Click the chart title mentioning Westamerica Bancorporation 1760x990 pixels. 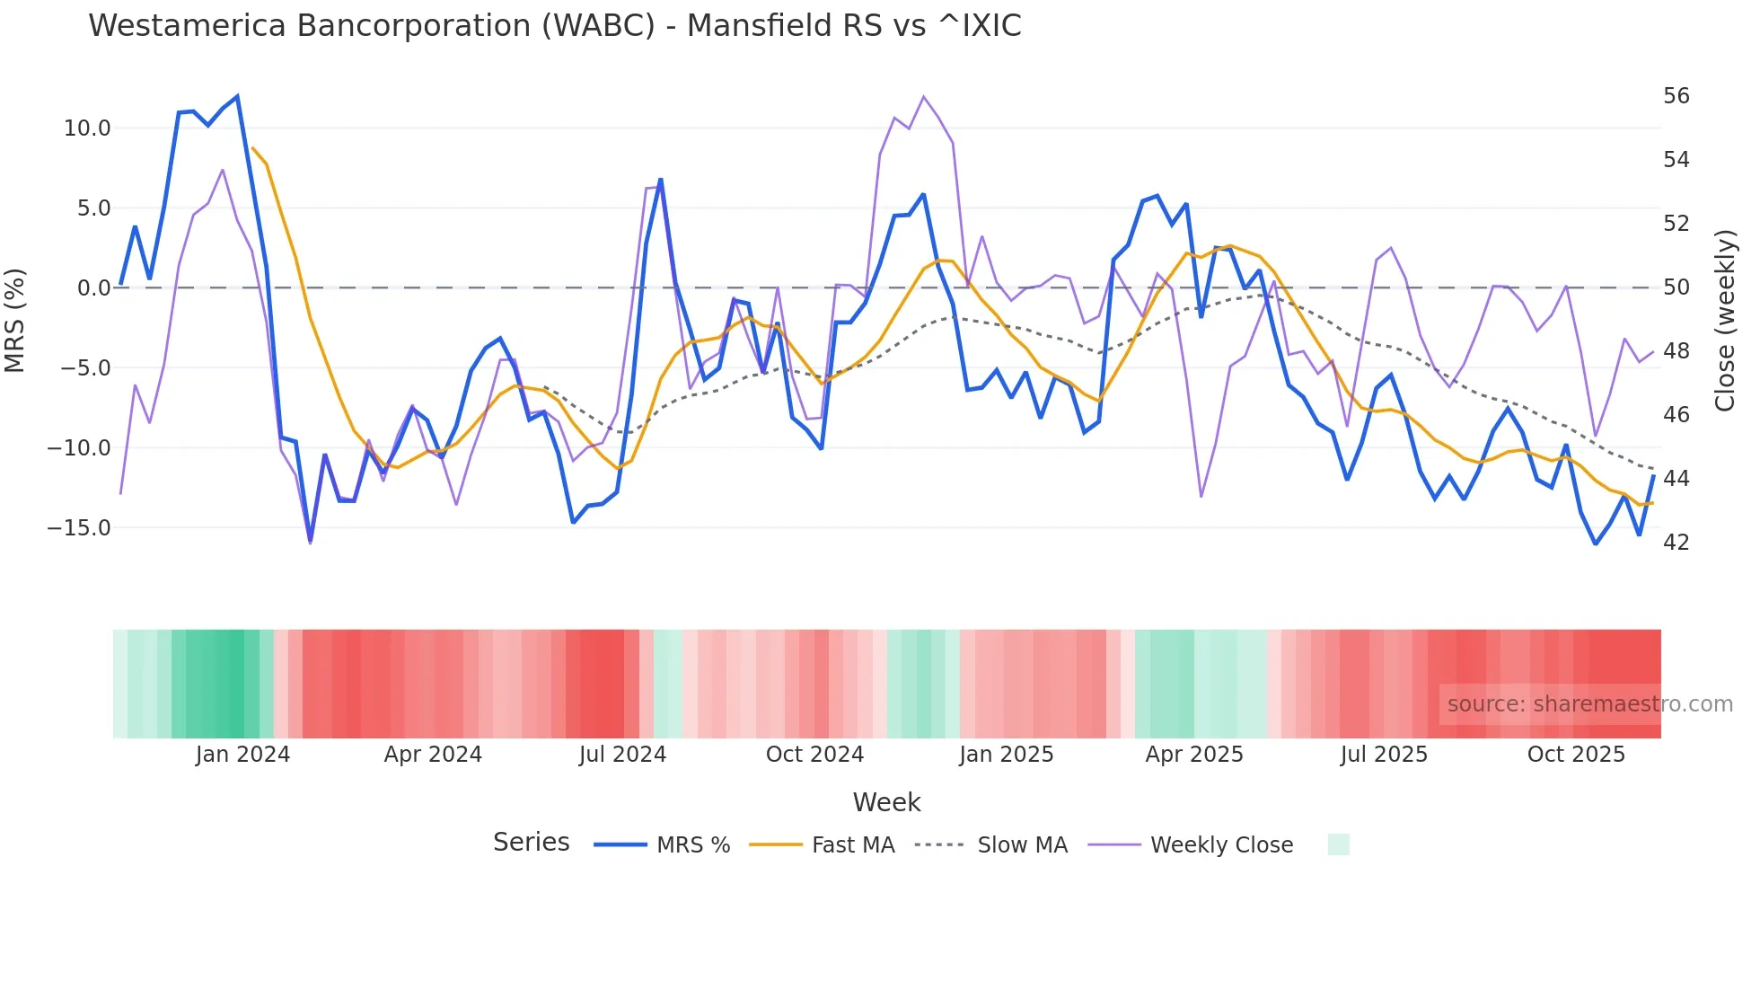[554, 26]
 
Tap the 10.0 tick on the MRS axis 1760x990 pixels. [87, 128]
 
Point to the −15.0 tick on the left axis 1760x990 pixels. [80, 528]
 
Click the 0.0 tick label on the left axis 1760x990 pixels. [94, 288]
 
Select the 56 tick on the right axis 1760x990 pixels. [1676, 96]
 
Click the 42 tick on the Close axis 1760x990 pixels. [1676, 543]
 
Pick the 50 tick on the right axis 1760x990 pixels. [1676, 287]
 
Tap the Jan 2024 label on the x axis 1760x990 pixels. [242, 755]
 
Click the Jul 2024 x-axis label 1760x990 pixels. [622, 755]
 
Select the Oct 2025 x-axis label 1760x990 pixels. [1576, 755]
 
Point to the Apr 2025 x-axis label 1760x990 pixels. [1193, 755]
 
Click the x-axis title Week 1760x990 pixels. [886, 802]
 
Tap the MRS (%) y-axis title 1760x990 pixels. [15, 321]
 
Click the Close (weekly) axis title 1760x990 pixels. [1724, 321]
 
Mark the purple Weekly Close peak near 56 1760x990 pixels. [923, 96]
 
